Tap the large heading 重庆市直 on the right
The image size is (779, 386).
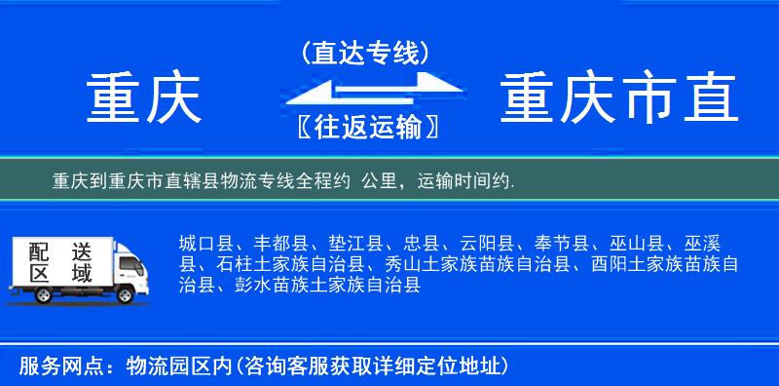pos(618,98)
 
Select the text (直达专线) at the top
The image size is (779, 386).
pos(365,53)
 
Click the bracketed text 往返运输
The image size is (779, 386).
pos(364,128)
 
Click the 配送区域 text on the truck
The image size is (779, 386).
pos(58,263)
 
